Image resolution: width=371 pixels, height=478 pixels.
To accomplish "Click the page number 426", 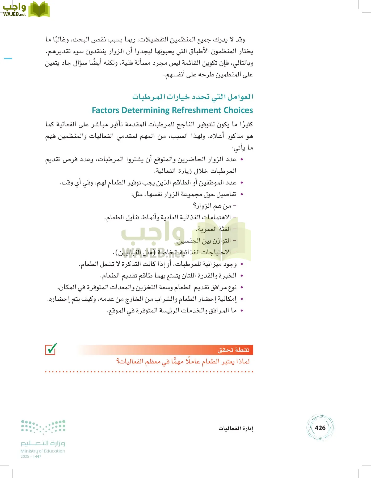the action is tap(320, 428).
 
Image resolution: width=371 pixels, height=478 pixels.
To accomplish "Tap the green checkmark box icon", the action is tap(51, 349).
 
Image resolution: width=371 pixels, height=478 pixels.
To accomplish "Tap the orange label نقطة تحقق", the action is tap(234, 350).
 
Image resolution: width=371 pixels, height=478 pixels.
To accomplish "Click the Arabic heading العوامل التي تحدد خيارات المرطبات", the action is tap(193, 97).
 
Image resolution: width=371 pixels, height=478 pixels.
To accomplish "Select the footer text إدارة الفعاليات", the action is tap(236, 428).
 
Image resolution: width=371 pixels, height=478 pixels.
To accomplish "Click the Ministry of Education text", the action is tap(43, 451).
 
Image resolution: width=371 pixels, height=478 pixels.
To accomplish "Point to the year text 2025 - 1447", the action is tap(31, 456).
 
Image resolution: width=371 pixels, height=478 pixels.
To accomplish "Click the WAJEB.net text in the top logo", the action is tap(14, 15).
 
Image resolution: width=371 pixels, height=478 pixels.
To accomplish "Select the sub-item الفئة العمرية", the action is tap(213, 229).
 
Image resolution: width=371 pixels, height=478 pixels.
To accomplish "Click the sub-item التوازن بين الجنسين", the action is tap(203, 241).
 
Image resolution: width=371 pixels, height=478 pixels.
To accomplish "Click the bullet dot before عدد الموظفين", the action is tap(242, 183).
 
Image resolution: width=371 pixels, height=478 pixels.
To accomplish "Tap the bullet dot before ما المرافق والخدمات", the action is tap(242, 310).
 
